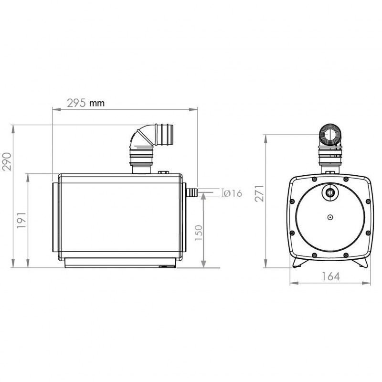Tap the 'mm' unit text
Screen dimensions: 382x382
tap(96, 103)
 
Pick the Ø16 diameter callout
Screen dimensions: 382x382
tap(233, 193)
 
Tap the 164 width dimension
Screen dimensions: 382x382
tap(330, 276)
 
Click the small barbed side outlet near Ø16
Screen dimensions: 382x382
tap(191, 193)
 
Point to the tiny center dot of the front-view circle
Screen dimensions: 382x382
tap(330, 217)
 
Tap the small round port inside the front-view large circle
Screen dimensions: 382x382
tap(330, 192)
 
